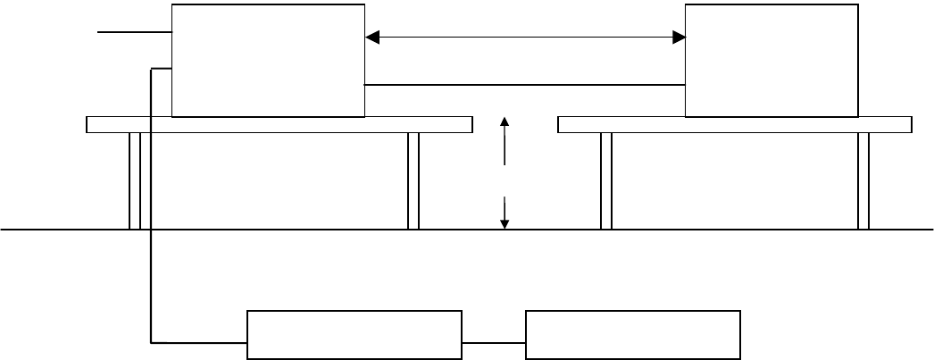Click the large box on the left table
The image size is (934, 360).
pos(268,60)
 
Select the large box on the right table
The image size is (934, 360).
pos(771,60)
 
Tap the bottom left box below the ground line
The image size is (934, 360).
pos(354,335)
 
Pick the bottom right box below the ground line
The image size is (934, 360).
pos(633,335)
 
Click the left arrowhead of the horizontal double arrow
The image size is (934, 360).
pos(373,38)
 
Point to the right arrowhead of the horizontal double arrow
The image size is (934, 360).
pos(679,38)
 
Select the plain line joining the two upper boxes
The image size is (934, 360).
pos(525,85)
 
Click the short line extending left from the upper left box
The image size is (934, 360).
pos(134,33)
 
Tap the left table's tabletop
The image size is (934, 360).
pos(279,124)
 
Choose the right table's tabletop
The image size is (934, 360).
pos(734,124)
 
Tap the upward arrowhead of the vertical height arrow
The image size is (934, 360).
pos(505,122)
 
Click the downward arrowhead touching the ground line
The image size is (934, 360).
pos(505,223)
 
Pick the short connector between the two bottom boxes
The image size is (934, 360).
pos(494,342)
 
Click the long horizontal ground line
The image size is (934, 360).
pos(714,230)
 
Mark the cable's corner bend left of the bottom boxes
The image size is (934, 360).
pos(151,341)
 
